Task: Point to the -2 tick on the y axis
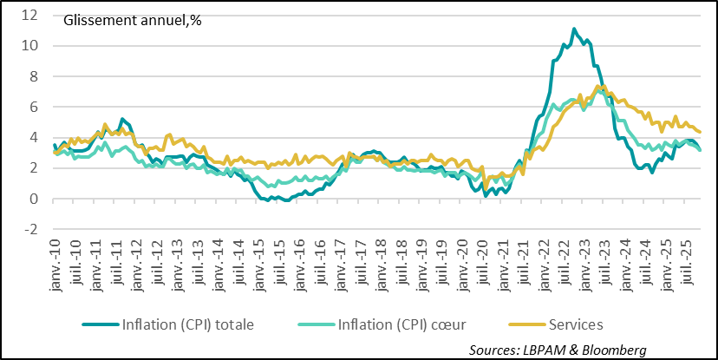(x=31, y=230)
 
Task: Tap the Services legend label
(x=577, y=324)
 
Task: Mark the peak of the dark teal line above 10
(x=574, y=29)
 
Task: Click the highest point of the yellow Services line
(x=599, y=85)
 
